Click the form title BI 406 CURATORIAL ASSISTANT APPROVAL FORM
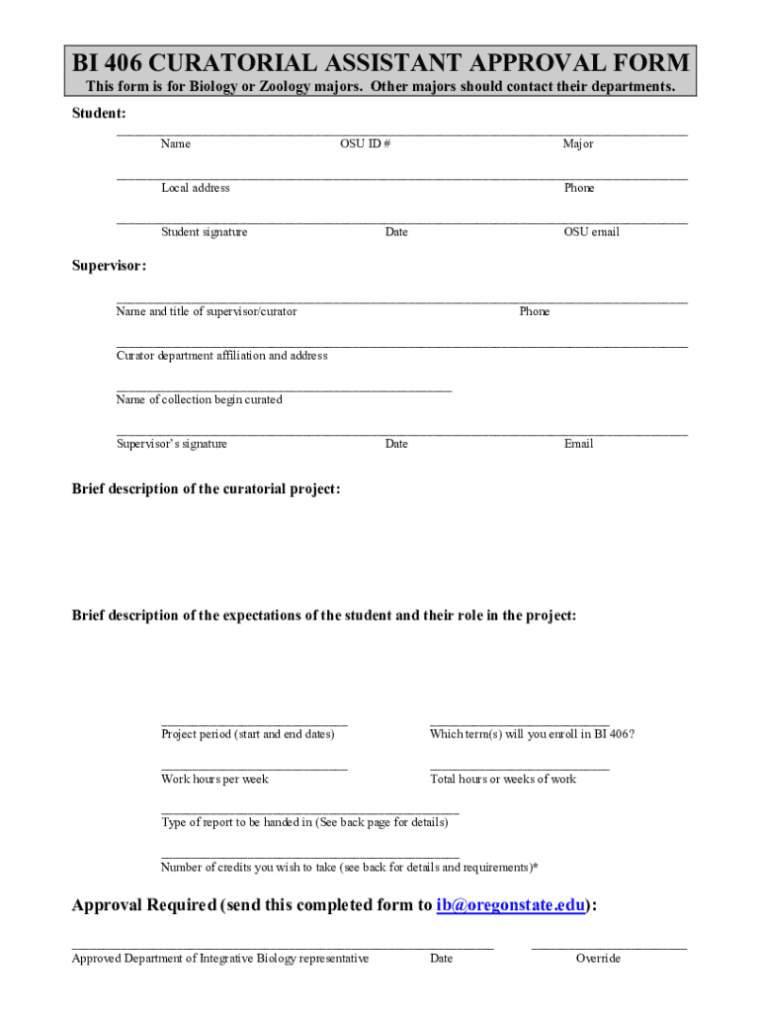click(x=380, y=64)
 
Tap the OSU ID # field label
click(x=365, y=144)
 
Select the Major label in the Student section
click(x=578, y=144)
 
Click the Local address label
click(x=196, y=188)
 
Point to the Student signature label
click(x=205, y=232)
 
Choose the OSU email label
click(x=591, y=232)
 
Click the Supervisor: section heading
click(x=110, y=266)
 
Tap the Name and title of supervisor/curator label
click(x=206, y=311)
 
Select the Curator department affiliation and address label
click(x=221, y=356)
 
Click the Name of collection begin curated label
click(x=199, y=400)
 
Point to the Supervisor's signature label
click(x=171, y=444)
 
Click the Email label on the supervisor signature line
click(x=578, y=444)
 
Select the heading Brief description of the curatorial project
click(x=206, y=489)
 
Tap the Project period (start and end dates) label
click(x=247, y=734)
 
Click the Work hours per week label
click(x=214, y=779)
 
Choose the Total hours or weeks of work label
click(x=503, y=779)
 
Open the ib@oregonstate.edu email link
click(x=511, y=905)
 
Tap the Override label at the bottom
click(x=598, y=959)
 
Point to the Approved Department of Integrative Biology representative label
click(x=220, y=959)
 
